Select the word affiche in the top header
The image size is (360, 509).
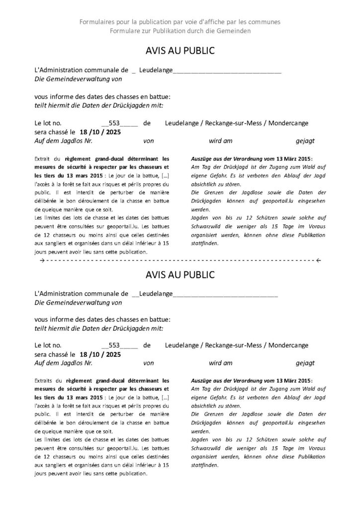tap(216, 22)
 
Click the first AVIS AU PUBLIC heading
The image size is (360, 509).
tap(180, 51)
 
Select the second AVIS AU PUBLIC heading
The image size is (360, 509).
tap(180, 274)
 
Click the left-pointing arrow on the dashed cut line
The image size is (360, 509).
tap(318, 260)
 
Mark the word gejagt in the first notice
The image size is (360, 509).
tap(305, 141)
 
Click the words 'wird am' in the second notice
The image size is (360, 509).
tap(221, 363)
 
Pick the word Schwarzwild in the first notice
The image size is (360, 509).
tap(207, 236)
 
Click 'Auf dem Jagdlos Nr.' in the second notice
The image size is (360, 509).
tap(64, 363)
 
